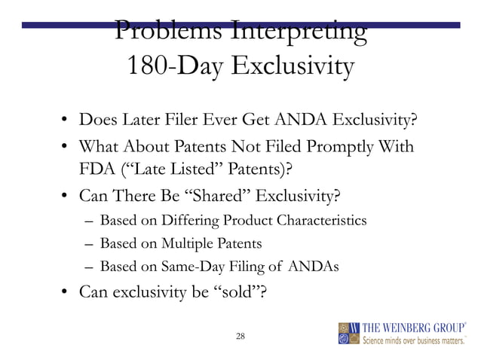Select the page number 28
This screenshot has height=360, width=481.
pos(240,335)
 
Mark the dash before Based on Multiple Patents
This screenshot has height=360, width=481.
pos(90,245)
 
